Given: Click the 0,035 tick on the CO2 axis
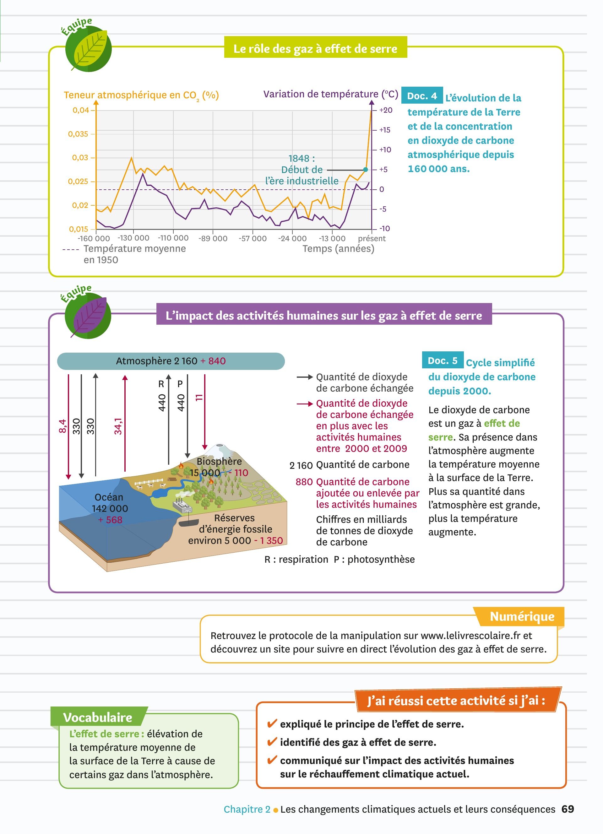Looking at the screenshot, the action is (x=78, y=134).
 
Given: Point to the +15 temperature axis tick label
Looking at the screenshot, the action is (x=385, y=130).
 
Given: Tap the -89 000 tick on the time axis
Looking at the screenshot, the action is (x=213, y=238).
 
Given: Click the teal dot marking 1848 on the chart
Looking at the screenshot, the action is (x=366, y=170).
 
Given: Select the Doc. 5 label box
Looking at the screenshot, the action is (x=443, y=360).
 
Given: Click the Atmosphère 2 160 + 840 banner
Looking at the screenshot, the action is (x=171, y=361).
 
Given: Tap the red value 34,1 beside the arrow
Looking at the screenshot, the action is (x=118, y=426).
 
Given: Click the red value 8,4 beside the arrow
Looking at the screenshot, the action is (x=62, y=426).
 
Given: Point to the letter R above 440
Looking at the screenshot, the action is (x=161, y=384).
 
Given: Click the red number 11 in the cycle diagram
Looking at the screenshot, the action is (x=199, y=398).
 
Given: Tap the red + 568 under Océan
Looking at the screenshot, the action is (x=110, y=520).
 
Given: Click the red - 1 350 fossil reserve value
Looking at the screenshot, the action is (x=269, y=540).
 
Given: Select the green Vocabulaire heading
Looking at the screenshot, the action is (x=98, y=717).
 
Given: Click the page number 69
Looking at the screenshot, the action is (x=568, y=809).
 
